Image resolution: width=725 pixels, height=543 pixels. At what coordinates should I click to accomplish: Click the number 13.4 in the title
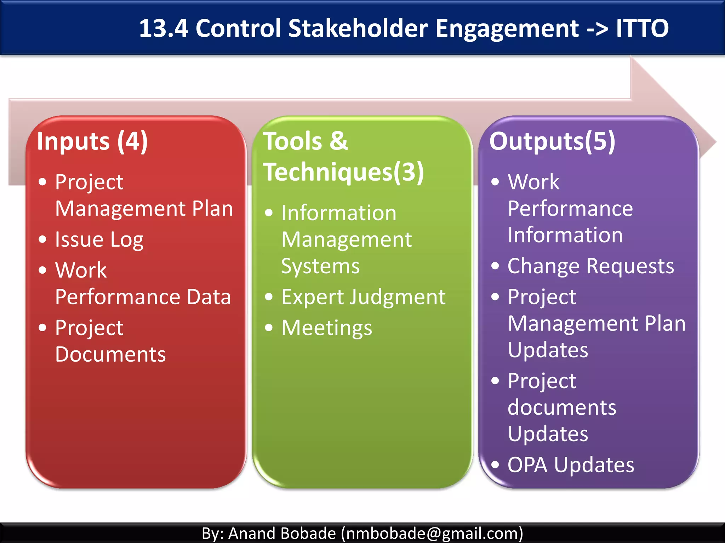click(x=163, y=28)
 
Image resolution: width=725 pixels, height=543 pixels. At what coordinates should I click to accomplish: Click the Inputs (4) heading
click(x=92, y=141)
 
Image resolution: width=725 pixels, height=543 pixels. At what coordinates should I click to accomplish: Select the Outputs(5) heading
click(x=552, y=141)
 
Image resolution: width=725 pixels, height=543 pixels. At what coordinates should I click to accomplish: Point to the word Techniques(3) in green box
click(x=343, y=172)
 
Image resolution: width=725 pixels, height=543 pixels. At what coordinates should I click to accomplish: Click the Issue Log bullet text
click(x=99, y=240)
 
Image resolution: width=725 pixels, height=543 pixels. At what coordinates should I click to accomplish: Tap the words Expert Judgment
click(x=363, y=297)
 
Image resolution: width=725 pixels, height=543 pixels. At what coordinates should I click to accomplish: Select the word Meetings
click(x=326, y=328)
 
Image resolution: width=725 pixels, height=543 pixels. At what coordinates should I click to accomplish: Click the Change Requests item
click(x=590, y=266)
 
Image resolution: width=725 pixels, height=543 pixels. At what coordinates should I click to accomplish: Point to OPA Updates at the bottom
click(x=571, y=465)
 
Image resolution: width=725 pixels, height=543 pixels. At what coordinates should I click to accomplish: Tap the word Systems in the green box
click(x=320, y=266)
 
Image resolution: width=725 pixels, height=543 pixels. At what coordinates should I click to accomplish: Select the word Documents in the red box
click(x=110, y=354)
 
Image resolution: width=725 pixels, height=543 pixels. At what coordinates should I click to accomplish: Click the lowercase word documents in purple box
click(x=562, y=407)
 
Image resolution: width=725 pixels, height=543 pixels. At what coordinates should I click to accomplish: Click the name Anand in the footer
click(x=251, y=533)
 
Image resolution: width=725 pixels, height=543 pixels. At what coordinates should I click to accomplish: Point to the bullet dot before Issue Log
click(x=42, y=239)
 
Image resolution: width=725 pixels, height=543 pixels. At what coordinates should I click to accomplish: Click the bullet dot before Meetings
click(x=269, y=328)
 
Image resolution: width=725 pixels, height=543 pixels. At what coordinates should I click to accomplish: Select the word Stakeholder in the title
click(x=358, y=28)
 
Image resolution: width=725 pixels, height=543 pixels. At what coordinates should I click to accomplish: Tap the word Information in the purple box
click(x=565, y=235)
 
